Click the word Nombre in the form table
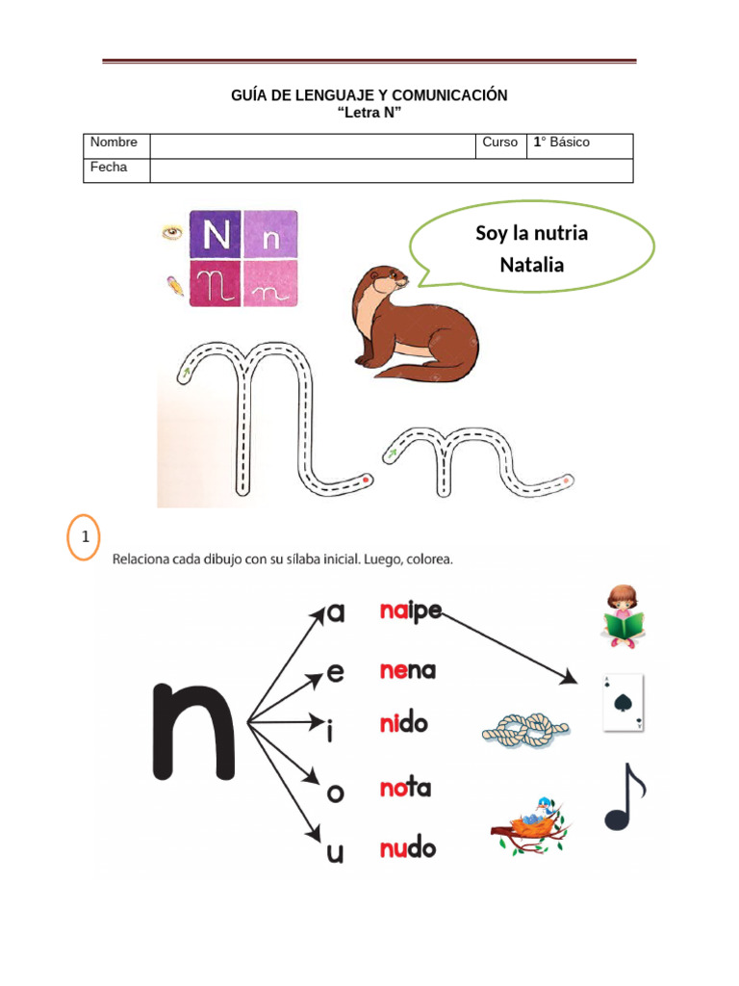coord(114,143)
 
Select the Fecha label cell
coord(116,170)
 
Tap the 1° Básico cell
coord(579,146)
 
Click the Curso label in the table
coord(499,143)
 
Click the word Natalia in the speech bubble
coord(531,265)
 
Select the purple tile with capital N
coord(216,235)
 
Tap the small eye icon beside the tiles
coord(172,233)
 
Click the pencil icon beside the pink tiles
coord(175,285)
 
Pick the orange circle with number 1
coord(84,537)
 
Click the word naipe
coord(411,611)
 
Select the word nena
coord(408,670)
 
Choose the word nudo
coord(408,847)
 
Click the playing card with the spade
coord(624,703)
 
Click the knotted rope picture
coord(526,730)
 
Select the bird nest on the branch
coord(530,825)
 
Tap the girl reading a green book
coord(623,616)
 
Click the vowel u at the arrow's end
coord(335,853)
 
